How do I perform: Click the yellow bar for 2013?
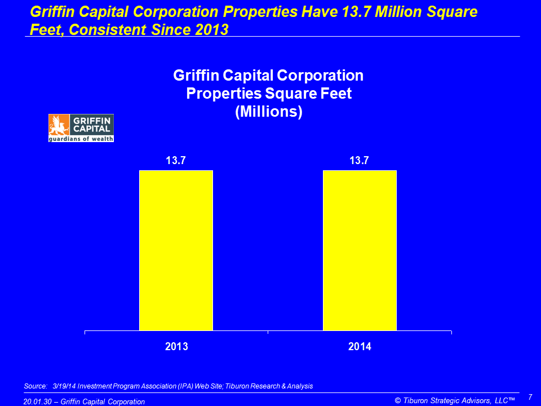point(176,250)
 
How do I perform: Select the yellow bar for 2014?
point(360,250)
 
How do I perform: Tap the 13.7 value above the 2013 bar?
point(176,161)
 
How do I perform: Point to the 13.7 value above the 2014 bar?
point(360,161)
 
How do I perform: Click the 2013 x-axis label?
point(176,347)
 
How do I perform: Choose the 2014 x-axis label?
point(360,347)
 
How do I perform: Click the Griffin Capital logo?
point(81,128)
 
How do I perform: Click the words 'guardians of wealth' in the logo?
point(81,138)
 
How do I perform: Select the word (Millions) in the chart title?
point(268,112)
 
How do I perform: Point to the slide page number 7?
point(530,397)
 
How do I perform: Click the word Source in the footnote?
point(35,386)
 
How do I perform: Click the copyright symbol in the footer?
point(398,401)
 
